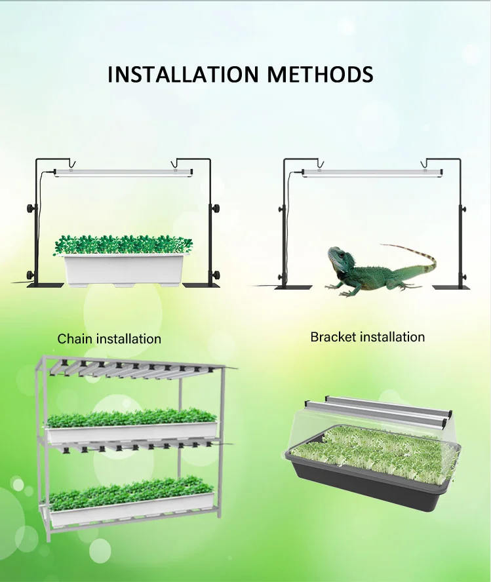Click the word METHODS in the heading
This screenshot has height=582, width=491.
[320, 74]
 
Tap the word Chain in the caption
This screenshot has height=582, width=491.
[75, 339]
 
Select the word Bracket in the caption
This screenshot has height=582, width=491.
[332, 337]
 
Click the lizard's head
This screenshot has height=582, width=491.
[338, 259]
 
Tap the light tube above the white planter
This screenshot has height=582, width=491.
[123, 172]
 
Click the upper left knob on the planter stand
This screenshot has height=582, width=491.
[29, 209]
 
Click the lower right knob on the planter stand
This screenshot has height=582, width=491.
[216, 273]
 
